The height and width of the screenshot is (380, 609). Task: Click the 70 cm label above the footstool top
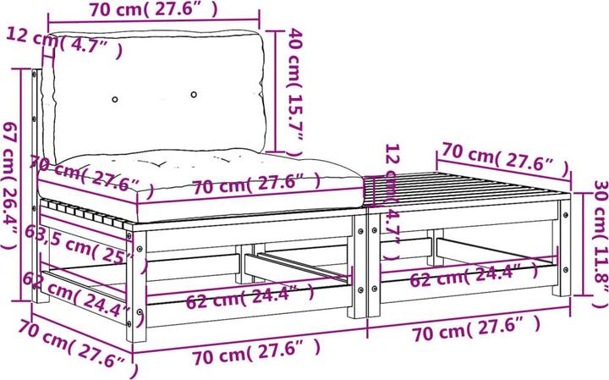click(x=502, y=157)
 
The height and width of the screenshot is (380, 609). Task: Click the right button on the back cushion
click(x=194, y=94)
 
